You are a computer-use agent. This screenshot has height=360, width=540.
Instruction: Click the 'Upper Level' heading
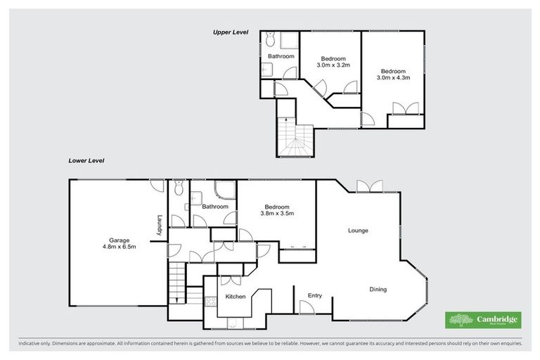pos(232,32)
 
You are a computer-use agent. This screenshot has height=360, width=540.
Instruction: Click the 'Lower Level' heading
pos(86,160)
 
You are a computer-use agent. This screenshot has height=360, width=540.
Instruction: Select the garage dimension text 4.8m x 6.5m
pos(119,247)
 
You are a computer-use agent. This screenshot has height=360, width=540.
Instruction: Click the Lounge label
pos(358,231)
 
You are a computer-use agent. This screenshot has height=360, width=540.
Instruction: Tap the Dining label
pos(378,290)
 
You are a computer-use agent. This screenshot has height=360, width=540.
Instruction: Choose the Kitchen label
pos(236,297)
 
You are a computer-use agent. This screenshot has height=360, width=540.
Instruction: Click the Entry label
pos(314,295)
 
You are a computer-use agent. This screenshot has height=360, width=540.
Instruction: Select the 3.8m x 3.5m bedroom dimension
pos(277,213)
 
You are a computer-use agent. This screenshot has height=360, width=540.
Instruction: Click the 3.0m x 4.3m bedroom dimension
pos(393,78)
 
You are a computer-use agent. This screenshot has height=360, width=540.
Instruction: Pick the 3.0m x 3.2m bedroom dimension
pos(333,65)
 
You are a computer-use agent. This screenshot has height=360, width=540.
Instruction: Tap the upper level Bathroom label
pos(281,56)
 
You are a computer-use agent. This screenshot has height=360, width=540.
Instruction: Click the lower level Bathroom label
pos(215,207)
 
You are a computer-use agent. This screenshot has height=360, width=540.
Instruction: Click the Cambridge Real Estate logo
pos(483,320)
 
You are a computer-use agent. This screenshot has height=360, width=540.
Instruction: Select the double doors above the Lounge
pos(368,186)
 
